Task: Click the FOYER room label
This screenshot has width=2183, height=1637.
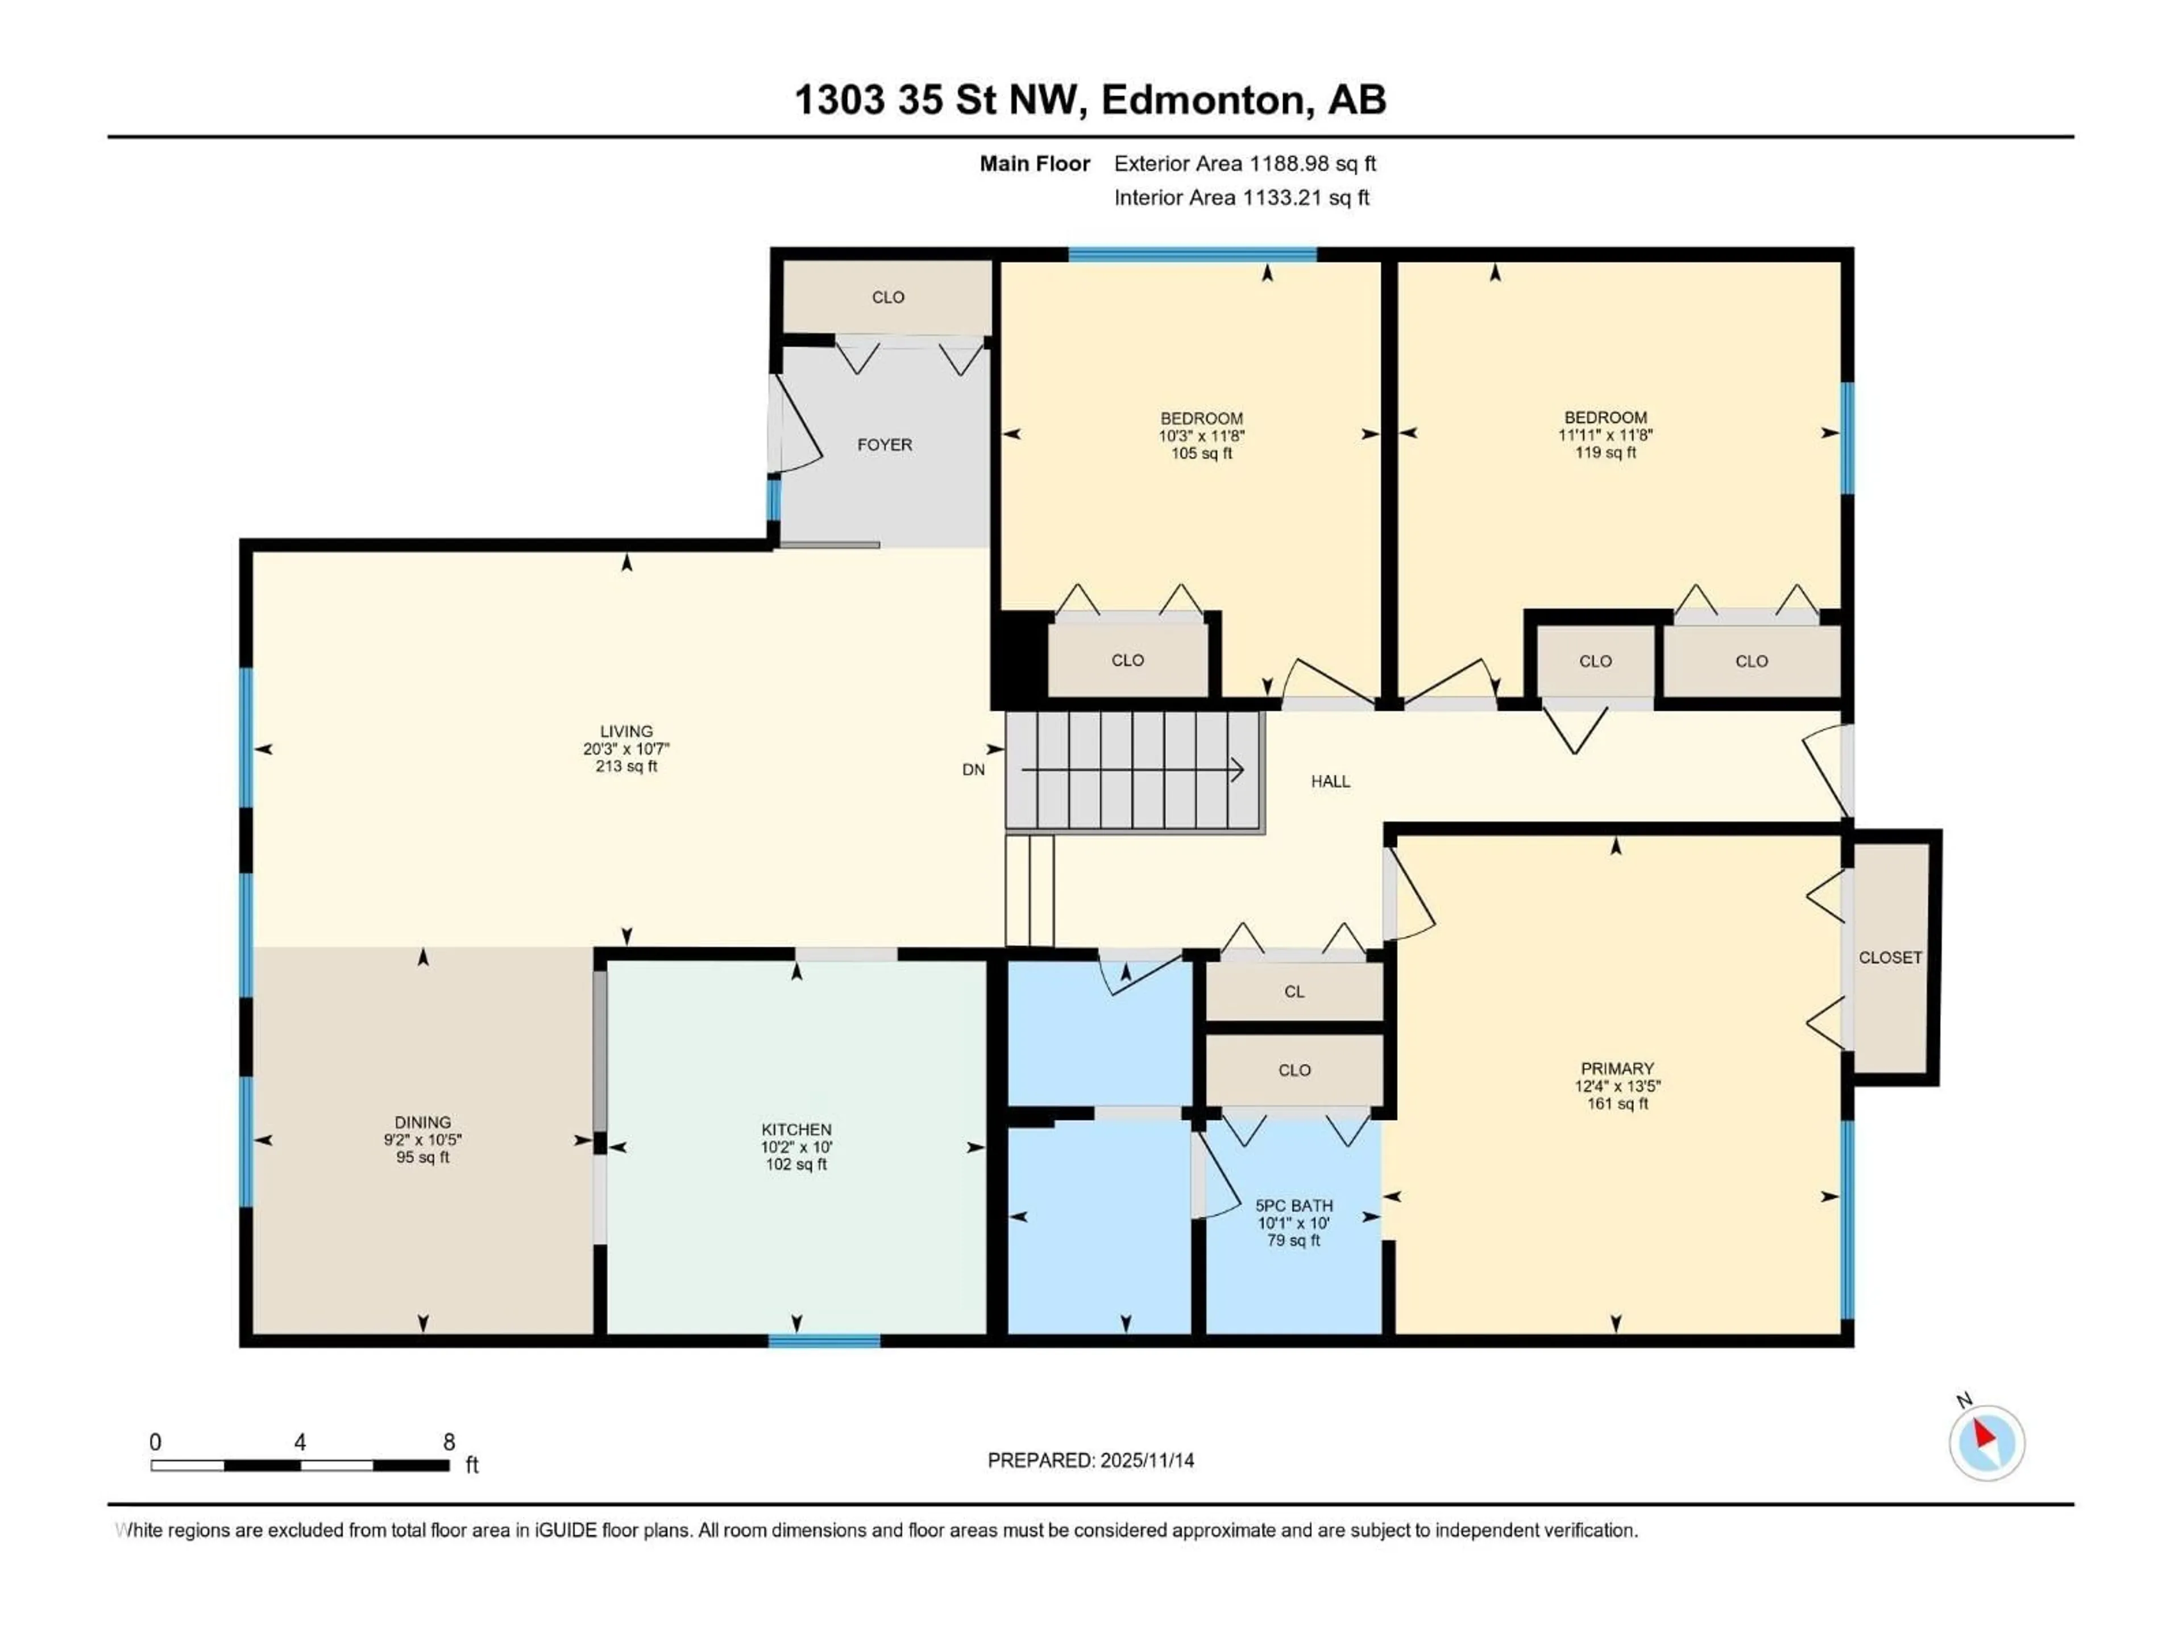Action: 884,445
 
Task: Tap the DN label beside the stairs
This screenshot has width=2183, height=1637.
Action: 973,770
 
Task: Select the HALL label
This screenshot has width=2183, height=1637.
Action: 1330,782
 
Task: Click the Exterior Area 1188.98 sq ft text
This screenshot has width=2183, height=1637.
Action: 1244,164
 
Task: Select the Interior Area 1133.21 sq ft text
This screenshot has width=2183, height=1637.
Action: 1242,197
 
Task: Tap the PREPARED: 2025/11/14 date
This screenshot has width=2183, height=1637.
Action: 1090,1460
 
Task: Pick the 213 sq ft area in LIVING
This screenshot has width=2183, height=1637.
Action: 626,766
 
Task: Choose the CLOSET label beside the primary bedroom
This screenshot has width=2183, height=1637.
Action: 1890,957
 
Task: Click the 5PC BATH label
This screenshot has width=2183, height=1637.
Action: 1294,1205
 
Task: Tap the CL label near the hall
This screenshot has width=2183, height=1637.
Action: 1294,992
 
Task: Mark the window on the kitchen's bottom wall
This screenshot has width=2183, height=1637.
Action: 824,1340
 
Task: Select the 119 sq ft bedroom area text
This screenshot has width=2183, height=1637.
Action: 1605,453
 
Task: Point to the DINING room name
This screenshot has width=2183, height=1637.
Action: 422,1122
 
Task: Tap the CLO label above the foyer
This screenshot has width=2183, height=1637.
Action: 888,297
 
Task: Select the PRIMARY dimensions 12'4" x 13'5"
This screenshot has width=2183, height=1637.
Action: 1617,1086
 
